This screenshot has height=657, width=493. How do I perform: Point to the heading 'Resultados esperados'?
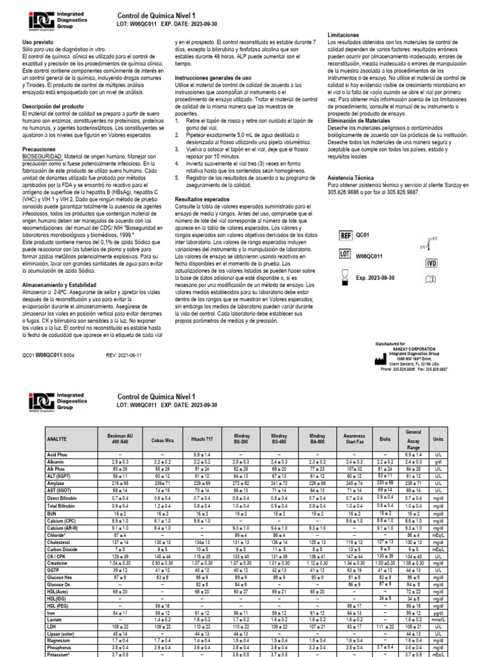202,200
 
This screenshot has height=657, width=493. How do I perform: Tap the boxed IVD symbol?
431,264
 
